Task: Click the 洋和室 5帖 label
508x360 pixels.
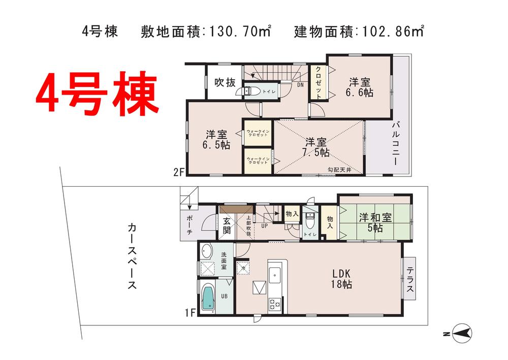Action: point(375,221)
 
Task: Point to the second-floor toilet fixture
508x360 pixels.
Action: point(252,91)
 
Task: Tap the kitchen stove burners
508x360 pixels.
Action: point(275,305)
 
